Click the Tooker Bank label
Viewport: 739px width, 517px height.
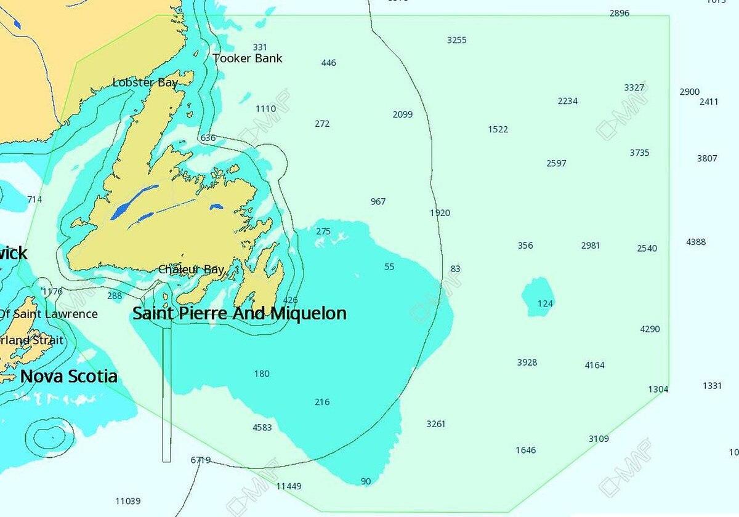coord(248,58)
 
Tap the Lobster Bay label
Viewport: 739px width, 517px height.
coord(145,82)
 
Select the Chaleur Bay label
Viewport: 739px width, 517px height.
coord(191,270)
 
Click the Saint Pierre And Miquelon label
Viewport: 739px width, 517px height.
coord(240,313)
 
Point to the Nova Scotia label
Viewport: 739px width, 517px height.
coord(69,377)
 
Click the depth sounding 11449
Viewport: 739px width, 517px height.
coord(289,486)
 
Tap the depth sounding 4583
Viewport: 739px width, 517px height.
coord(262,427)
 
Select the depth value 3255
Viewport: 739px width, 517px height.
coord(456,40)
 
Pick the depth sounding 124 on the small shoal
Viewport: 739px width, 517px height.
coord(545,303)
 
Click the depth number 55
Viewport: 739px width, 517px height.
coord(389,267)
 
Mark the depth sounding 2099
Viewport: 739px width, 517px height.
coord(402,114)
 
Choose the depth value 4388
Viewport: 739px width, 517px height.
coord(696,242)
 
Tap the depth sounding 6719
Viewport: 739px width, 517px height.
coord(201,460)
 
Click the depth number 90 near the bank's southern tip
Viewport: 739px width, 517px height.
coord(366,481)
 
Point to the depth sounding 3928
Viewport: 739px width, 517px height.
coord(527,363)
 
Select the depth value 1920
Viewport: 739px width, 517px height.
coord(440,213)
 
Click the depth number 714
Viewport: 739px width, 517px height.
coord(34,199)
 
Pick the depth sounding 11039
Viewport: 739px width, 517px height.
coord(128,501)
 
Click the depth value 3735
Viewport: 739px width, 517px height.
coord(639,153)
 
